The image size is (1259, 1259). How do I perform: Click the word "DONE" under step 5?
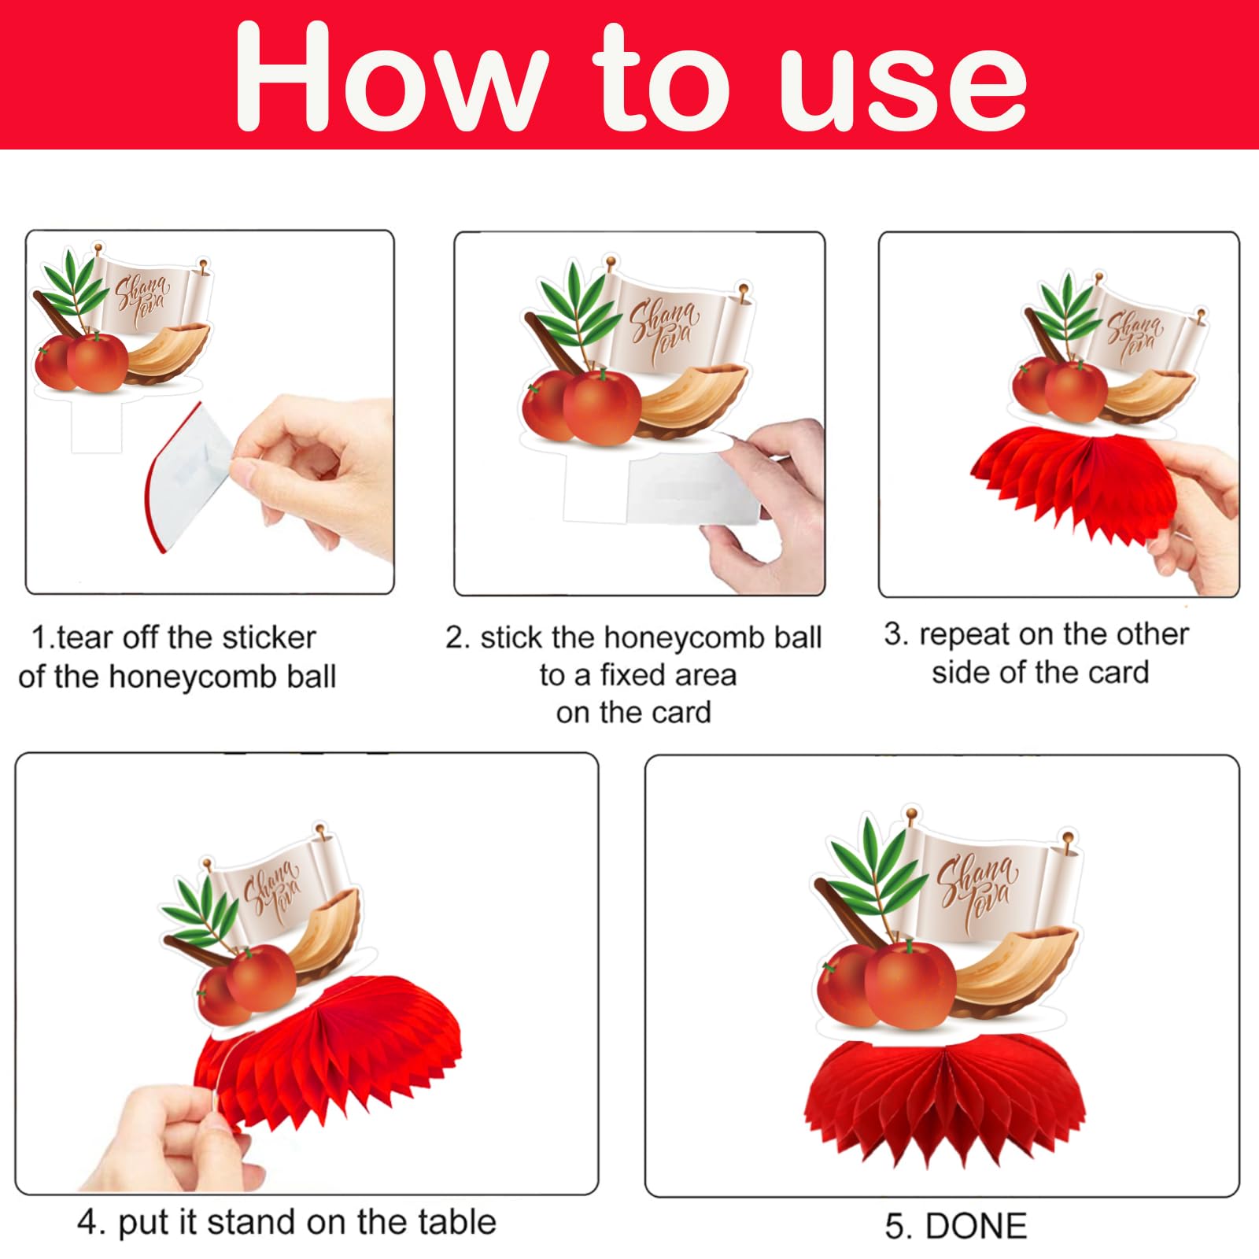click(976, 1226)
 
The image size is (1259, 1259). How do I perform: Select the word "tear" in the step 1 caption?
click(87, 637)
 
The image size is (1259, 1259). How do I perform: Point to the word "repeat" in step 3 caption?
click(969, 635)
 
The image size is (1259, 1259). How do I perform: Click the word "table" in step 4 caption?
click(457, 1222)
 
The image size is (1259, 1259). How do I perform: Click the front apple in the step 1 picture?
click(97, 361)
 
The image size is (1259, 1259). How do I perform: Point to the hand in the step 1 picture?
click(315, 472)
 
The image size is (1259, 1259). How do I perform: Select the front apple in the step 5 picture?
click(910, 984)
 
